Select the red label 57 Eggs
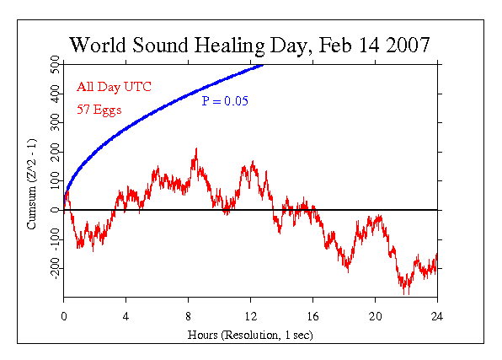tap(97, 109)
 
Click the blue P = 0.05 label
tap(230, 101)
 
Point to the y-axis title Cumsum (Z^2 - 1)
tap(32, 179)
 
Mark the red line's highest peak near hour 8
tap(195, 149)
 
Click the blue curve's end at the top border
tap(263, 64)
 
